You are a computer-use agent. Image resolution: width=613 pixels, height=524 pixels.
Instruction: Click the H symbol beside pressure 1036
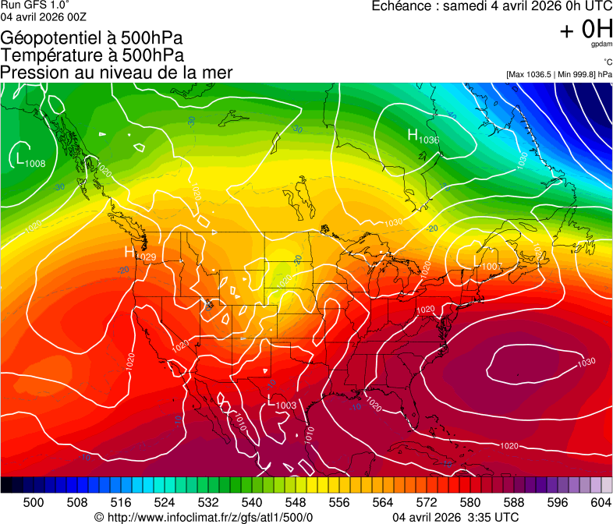(413, 135)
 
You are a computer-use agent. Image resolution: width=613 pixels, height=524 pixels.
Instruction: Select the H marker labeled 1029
(130, 252)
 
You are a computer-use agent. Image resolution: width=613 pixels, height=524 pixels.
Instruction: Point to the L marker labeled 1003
(271, 401)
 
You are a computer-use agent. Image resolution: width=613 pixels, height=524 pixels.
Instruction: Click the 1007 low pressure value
(491, 267)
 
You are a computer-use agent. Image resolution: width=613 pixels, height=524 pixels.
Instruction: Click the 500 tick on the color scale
(34, 502)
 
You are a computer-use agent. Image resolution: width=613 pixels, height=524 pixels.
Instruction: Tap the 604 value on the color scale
(601, 502)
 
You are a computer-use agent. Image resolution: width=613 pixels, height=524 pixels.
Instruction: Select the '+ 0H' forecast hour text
(586, 29)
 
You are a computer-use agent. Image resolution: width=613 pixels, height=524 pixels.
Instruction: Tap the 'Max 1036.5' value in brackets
(531, 74)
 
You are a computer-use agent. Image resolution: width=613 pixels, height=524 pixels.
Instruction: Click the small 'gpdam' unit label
(601, 44)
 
